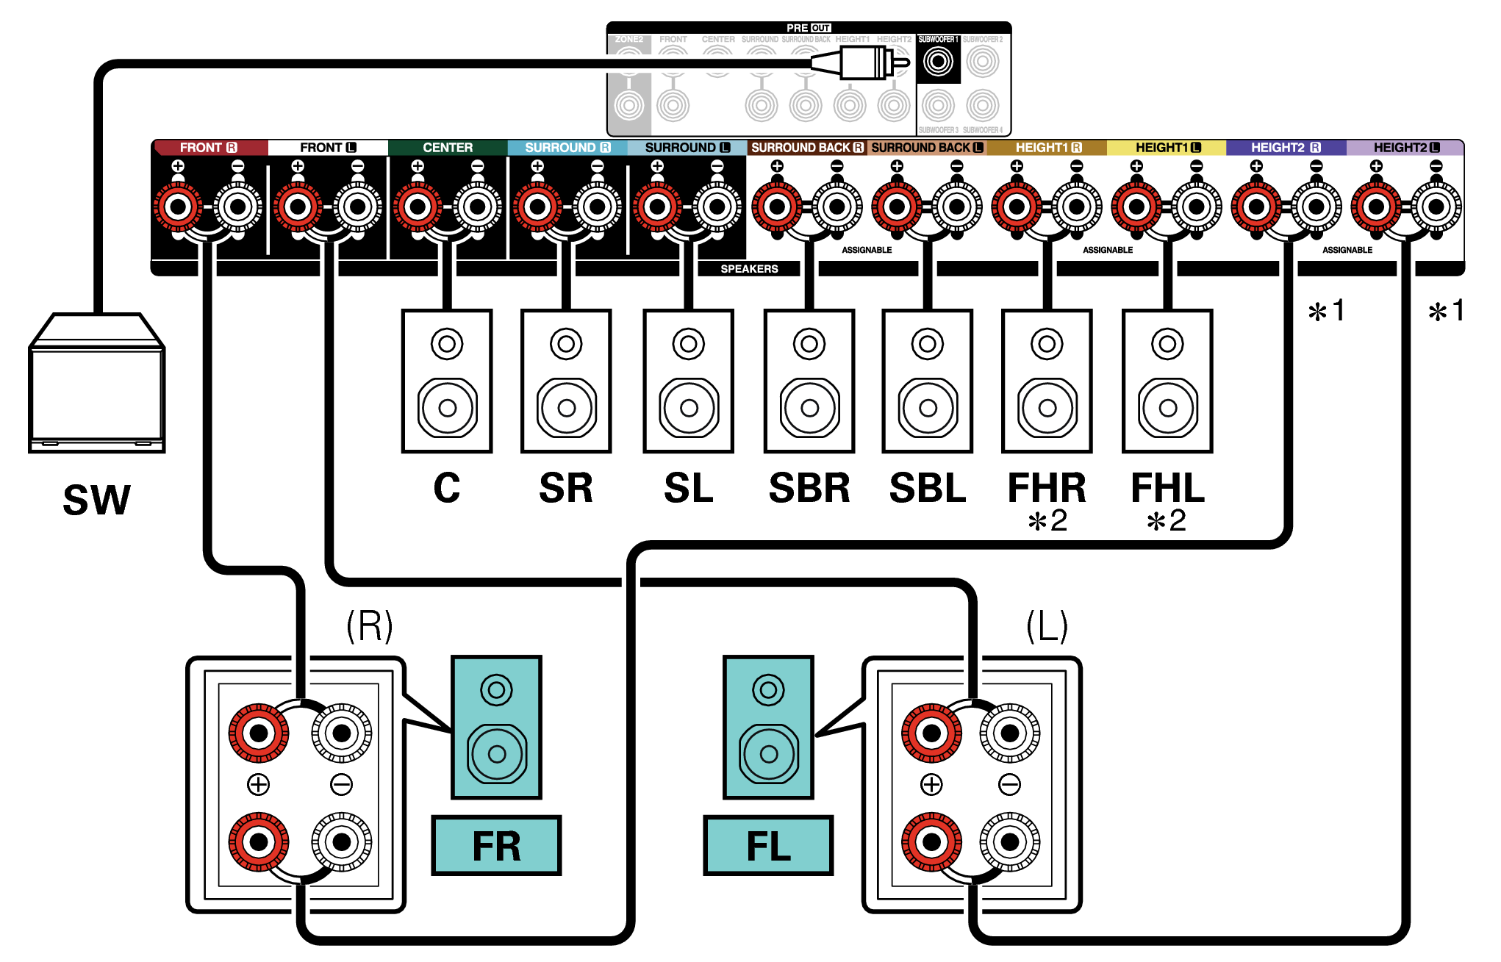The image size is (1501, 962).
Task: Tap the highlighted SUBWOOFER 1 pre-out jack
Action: pos(938,62)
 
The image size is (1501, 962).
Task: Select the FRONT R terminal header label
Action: pos(209,148)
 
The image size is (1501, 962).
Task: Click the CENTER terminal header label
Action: pos(448,148)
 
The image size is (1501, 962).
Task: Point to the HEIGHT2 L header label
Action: pos(1405,148)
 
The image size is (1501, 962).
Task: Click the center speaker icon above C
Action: pos(447,381)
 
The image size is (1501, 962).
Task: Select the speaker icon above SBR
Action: pos(809,381)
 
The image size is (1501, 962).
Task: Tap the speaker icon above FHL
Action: pos(1167,381)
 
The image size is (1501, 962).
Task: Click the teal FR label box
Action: pos(496,846)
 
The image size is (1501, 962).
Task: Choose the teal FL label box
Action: pos(768,846)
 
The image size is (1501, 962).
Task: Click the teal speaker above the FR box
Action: pos(496,728)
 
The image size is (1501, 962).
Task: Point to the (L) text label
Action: pos(1047,626)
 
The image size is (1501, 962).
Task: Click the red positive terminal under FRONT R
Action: pos(178,207)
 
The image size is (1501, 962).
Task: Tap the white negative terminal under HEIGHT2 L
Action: pos(1436,207)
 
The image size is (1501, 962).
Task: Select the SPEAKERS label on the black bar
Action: pos(749,269)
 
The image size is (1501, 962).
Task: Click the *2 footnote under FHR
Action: pos(1047,521)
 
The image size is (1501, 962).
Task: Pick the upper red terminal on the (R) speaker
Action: pos(259,733)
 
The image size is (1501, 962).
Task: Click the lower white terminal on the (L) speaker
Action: pos(1010,841)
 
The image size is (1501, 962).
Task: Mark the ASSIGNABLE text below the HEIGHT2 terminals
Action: pos(1347,250)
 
